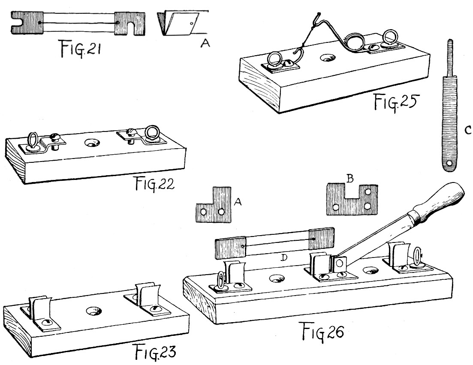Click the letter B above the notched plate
(x=350, y=180)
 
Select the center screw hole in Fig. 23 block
(x=93, y=311)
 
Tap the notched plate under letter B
(x=352, y=200)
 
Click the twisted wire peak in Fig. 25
(x=316, y=18)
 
